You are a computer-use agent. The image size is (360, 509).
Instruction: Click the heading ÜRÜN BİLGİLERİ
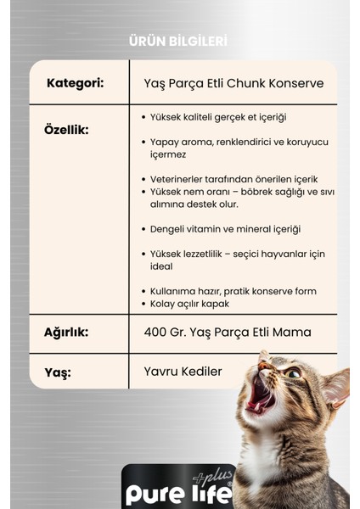[177, 41]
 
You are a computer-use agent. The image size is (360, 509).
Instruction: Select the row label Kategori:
[76, 83]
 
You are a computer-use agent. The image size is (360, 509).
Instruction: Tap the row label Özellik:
[66, 130]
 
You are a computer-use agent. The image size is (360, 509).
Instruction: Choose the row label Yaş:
[59, 372]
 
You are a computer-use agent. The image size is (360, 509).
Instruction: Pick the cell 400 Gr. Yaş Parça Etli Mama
[228, 333]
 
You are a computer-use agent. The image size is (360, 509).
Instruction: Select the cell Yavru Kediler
[183, 371]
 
